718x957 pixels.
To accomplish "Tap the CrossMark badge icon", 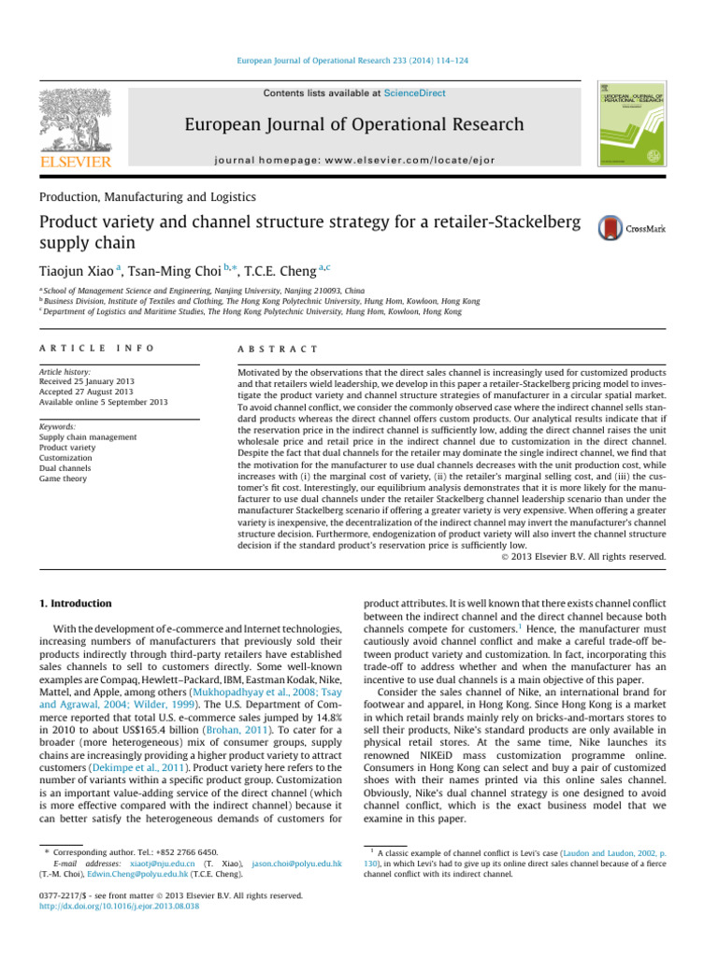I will coord(610,227).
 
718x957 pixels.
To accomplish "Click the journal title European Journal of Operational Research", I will coord(354,124).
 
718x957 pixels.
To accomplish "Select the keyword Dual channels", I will coord(66,468).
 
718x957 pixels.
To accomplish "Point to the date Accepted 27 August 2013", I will coord(92,392).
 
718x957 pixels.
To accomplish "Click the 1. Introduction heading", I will coord(76,604).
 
